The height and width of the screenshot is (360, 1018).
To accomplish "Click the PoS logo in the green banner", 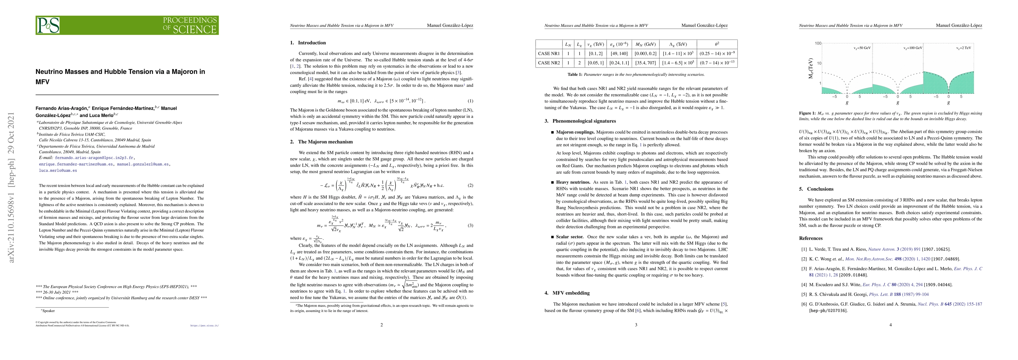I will point(48,25).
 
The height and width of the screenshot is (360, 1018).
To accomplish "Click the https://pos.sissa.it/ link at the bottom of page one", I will point(204,326).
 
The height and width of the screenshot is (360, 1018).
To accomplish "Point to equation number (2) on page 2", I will point(470,185).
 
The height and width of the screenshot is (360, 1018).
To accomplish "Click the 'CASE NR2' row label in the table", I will point(549,63).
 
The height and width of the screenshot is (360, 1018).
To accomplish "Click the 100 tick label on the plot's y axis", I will point(818,43).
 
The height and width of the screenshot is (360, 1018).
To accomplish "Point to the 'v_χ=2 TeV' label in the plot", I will point(963,48).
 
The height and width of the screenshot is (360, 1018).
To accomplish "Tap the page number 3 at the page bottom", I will point(636,325).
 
